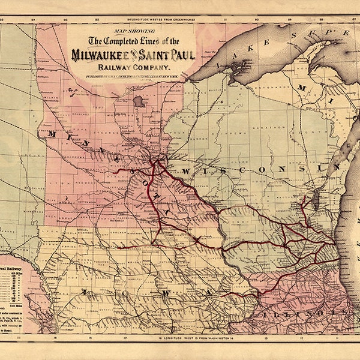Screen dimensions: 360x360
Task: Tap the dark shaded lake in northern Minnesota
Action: [x=139, y=101]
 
